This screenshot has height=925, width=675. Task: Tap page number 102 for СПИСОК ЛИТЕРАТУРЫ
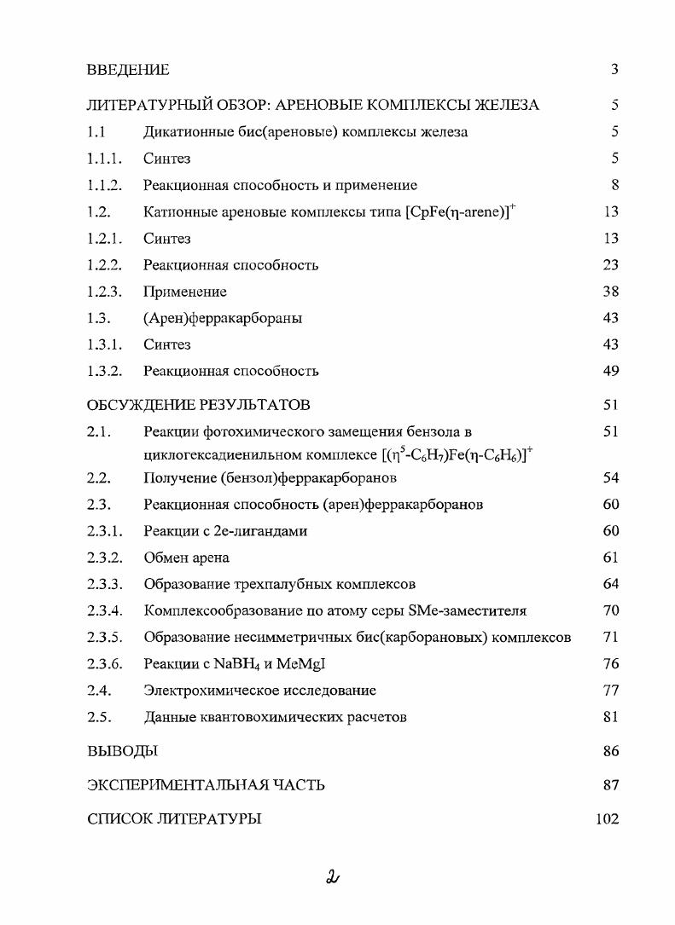[607, 819]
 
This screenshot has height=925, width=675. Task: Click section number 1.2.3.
[105, 292]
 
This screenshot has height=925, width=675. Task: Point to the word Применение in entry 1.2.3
[185, 292]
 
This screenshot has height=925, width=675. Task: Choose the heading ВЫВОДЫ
[122, 752]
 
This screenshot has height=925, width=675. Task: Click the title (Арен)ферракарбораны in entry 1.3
[223, 319]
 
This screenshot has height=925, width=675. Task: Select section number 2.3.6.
[105, 664]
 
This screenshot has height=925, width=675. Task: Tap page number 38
[610, 292]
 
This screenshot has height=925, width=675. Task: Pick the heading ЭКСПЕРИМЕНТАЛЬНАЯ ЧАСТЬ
[206, 785]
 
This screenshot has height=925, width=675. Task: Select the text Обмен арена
[186, 558]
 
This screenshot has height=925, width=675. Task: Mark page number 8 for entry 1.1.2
[614, 185]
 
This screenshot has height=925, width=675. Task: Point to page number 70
[610, 610]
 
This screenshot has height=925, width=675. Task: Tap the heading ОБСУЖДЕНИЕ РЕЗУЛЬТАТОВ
[198, 405]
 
